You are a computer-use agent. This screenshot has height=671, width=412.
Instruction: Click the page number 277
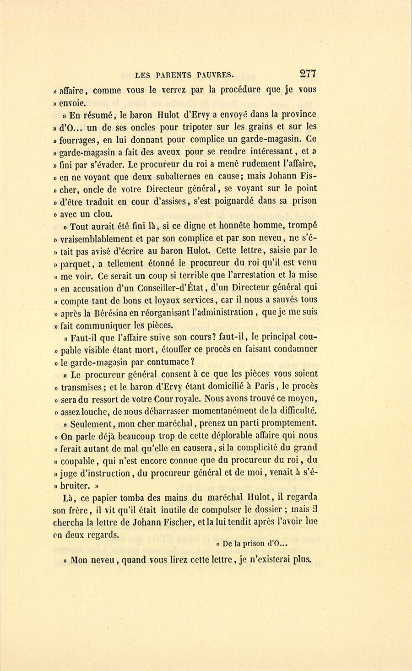tap(307, 73)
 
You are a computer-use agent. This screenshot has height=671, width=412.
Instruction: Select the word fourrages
tap(79, 140)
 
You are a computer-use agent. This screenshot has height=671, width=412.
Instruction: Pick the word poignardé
tap(233, 201)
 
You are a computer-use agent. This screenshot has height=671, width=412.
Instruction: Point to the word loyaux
tap(182, 300)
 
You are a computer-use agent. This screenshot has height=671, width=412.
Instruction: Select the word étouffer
tap(180, 349)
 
